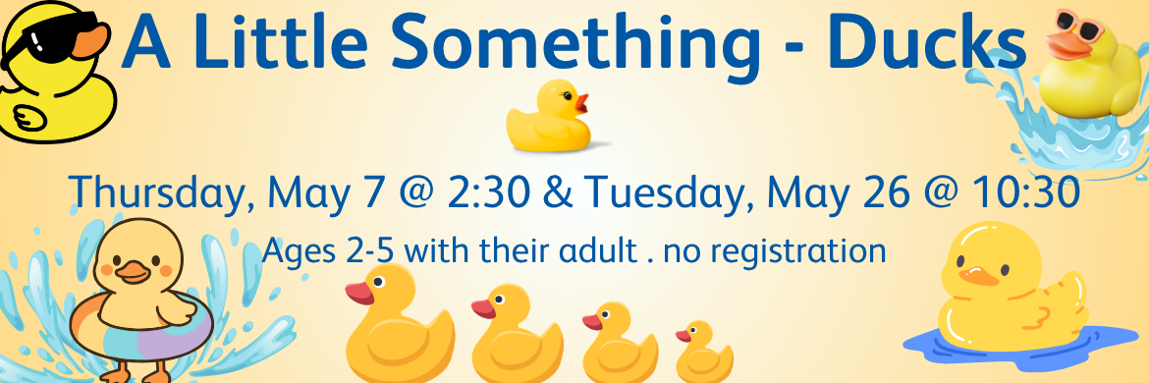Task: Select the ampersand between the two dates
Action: [x=557, y=193]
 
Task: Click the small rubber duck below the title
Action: [x=550, y=117]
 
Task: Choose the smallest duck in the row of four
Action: [x=703, y=353]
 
